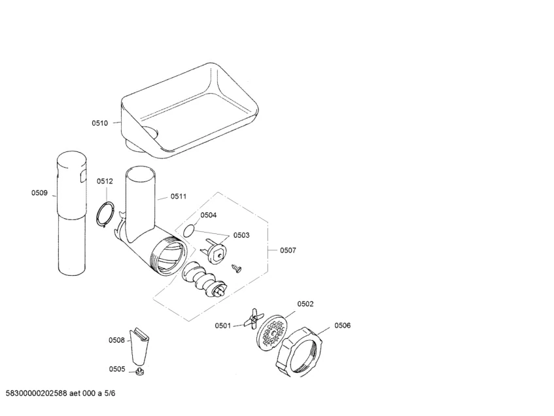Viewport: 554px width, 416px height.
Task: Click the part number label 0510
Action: [x=100, y=123]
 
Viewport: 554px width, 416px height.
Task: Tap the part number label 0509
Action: [x=39, y=193]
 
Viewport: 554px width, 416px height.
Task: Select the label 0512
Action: [x=105, y=181]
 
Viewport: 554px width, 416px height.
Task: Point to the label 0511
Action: [x=179, y=196]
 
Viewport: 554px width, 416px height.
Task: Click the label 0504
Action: [x=209, y=215]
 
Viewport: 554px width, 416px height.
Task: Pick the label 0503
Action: [x=241, y=235]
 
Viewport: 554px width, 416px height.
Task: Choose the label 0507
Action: [x=288, y=250]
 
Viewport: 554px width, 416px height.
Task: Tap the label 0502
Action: [x=305, y=304]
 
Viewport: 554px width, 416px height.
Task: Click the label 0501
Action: [x=223, y=326]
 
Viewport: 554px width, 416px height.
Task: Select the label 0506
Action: [x=342, y=326]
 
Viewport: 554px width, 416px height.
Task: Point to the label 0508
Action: [x=116, y=340]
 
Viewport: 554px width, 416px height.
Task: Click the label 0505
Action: [x=117, y=369]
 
